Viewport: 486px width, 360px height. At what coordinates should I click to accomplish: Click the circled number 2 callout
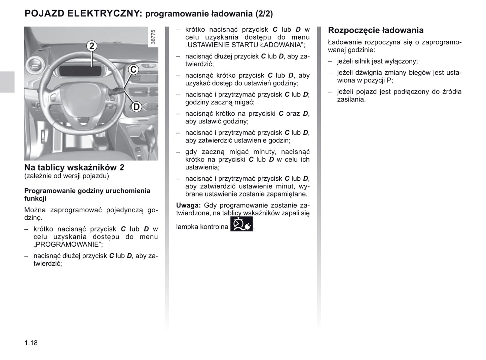tap(91, 46)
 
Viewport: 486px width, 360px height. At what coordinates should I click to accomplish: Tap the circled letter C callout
tap(134, 70)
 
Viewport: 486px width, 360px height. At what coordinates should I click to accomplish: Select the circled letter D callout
tap(136, 107)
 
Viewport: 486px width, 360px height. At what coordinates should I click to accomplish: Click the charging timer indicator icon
tap(241, 224)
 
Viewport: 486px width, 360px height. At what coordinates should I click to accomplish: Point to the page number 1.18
tap(31, 343)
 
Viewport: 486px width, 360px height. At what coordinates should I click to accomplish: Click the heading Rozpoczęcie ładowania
tap(376, 30)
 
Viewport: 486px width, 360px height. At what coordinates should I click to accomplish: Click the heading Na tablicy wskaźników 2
tap(74, 167)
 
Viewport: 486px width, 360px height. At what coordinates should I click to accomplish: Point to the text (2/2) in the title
tap(264, 14)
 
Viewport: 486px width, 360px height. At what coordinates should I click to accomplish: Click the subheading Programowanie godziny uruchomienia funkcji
tap(87, 194)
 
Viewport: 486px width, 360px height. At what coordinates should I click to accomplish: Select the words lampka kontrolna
tap(202, 227)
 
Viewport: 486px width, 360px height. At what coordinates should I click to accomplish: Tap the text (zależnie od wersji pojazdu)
tap(67, 176)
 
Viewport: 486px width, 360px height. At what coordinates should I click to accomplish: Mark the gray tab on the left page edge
tap(7, 82)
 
